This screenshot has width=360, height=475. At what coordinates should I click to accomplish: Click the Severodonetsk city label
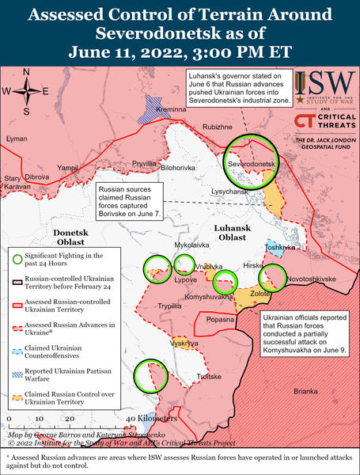click(x=252, y=163)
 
